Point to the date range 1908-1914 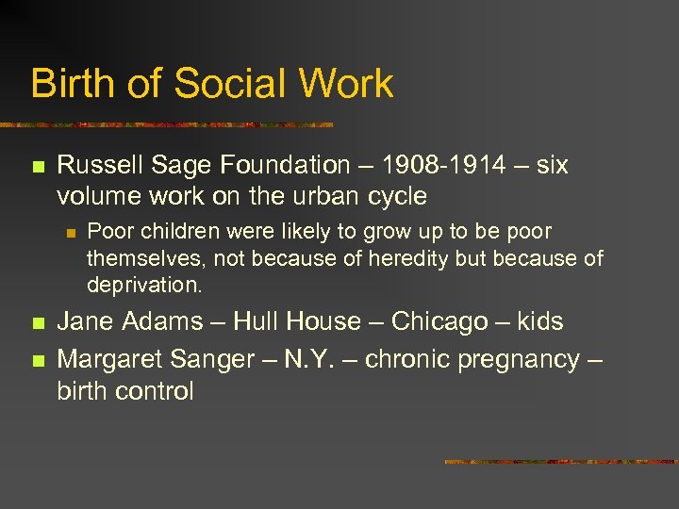pyautogui.click(x=440, y=166)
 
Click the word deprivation pyautogui.click(x=144, y=285)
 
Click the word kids pyautogui.click(x=540, y=321)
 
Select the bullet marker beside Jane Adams pyautogui.click(x=37, y=323)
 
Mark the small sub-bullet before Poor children pyautogui.click(x=68, y=232)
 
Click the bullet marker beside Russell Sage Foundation pyautogui.click(x=37, y=168)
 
